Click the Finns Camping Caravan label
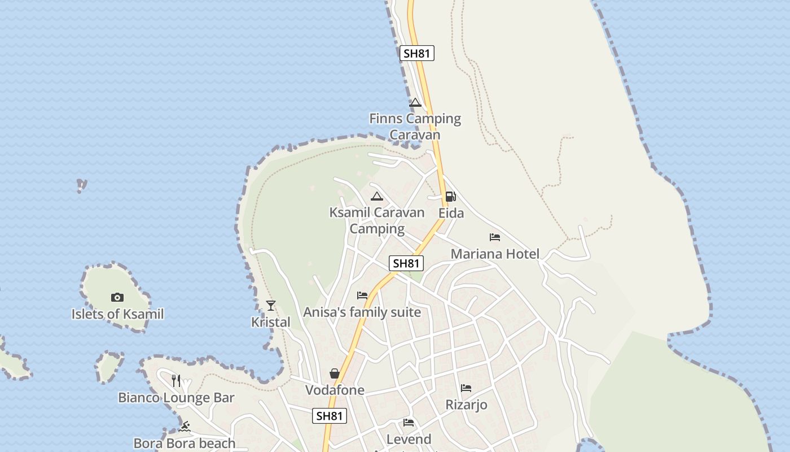[x=415, y=127]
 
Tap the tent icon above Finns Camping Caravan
[x=415, y=103]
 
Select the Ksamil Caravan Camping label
[x=377, y=220]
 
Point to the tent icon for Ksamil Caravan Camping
[x=377, y=197]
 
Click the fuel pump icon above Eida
[x=450, y=197]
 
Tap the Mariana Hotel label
[x=495, y=254]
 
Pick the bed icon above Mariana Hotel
[x=495, y=237]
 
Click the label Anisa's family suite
[x=362, y=312]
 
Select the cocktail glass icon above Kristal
[x=271, y=306]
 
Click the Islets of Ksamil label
[x=117, y=314]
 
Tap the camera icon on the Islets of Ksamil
[x=117, y=297]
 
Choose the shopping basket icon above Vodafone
[x=335, y=373]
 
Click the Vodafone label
[x=335, y=390]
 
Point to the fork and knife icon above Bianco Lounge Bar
[x=176, y=380]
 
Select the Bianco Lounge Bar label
[x=176, y=398]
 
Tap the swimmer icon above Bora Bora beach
[x=184, y=427]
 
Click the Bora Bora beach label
[x=184, y=444]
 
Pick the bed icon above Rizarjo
[x=466, y=388]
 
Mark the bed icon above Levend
[x=409, y=423]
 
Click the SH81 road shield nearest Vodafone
[x=330, y=416]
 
